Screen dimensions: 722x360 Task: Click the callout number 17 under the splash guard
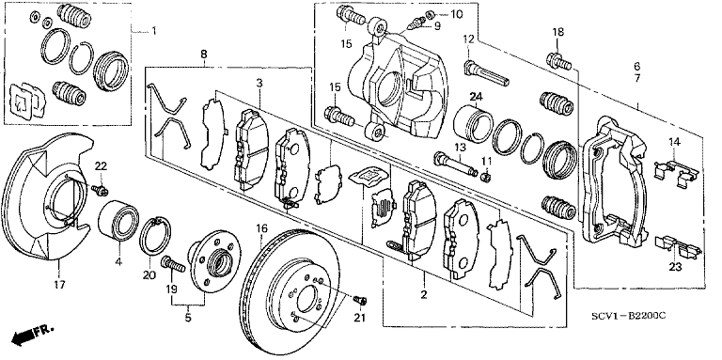point(60,285)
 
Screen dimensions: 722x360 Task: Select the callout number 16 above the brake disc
point(261,228)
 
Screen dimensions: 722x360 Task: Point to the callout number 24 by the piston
point(476,97)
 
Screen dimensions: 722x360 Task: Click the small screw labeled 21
point(360,301)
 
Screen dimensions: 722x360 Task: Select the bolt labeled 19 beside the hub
point(173,264)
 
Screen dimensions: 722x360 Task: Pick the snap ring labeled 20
point(156,235)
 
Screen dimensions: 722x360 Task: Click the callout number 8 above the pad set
point(203,54)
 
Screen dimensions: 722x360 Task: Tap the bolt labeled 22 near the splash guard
point(100,189)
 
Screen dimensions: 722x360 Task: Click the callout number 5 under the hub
point(188,318)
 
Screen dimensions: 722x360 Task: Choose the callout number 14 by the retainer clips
point(674,142)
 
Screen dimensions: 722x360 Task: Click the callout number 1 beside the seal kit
point(154,31)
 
